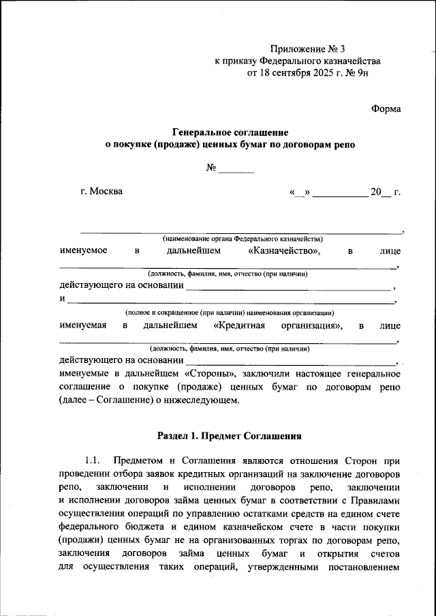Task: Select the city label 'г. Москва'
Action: point(102,191)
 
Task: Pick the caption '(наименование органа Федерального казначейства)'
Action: point(242,239)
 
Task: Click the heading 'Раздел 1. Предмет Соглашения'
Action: point(229,434)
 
